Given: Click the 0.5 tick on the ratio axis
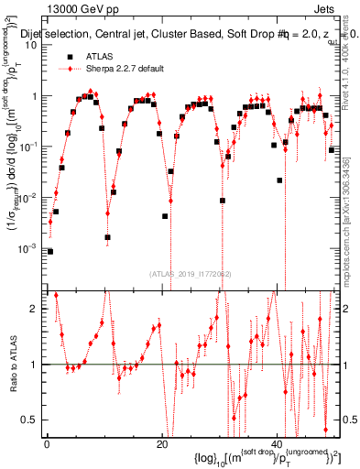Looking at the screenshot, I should [33, 420].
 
